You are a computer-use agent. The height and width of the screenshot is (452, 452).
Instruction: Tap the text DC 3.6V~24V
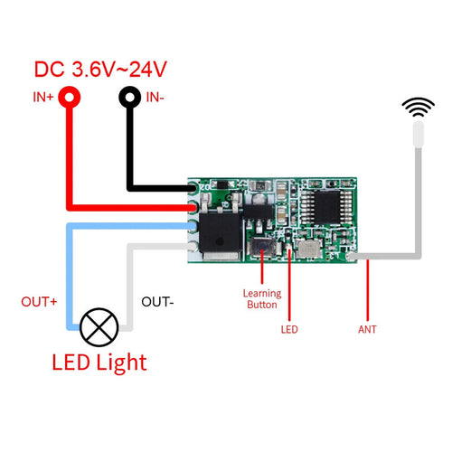pyautogui.click(x=101, y=69)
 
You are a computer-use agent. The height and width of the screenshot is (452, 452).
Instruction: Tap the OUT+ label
pyautogui.click(x=40, y=302)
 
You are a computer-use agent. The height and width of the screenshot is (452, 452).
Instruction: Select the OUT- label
pyautogui.click(x=157, y=302)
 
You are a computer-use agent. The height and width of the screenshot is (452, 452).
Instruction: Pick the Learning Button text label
pyautogui.click(x=262, y=298)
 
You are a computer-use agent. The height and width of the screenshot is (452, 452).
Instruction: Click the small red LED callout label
pyautogui.click(x=289, y=330)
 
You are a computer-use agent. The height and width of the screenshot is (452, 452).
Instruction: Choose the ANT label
pyautogui.click(x=366, y=330)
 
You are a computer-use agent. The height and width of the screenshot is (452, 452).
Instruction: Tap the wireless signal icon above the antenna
pyautogui.click(x=417, y=108)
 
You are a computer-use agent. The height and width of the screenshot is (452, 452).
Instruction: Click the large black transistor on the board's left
pyautogui.click(x=221, y=229)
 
